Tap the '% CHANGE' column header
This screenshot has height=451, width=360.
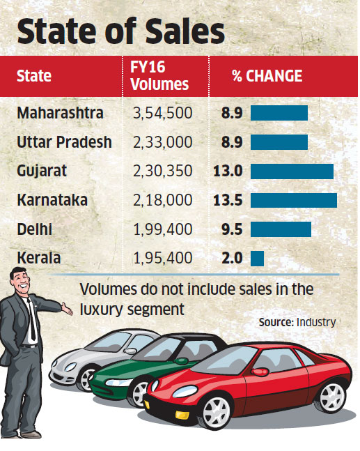coord(267,75)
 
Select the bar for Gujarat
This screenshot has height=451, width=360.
coord(292,171)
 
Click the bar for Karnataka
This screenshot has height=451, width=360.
coord(293,200)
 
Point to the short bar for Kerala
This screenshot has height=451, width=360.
coord(257,258)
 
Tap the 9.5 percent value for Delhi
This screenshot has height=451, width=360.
coord(231,229)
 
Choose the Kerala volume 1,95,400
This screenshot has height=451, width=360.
coord(162,258)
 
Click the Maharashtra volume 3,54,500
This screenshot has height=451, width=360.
coord(162,113)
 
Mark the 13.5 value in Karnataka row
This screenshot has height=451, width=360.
coord(230,200)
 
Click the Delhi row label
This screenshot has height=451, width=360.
coord(36,229)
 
